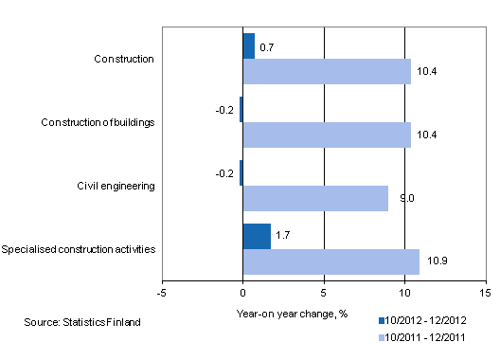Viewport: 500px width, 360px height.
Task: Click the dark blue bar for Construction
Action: [x=249, y=45]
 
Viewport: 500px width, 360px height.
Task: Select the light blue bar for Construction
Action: [x=327, y=71]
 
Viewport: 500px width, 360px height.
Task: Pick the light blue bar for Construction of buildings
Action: [x=327, y=135]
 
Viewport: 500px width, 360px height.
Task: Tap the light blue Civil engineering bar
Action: [x=315, y=198]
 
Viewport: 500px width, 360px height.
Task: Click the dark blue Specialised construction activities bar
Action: [x=257, y=236]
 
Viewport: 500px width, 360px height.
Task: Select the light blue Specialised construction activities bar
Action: [x=330, y=261]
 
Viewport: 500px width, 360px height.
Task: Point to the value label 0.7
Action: [x=267, y=46]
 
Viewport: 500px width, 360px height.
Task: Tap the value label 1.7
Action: [x=283, y=236]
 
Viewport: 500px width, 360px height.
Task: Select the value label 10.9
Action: [x=433, y=262]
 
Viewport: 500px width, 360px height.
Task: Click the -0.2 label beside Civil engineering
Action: [x=224, y=173]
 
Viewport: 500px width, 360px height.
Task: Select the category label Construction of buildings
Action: [x=98, y=122]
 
